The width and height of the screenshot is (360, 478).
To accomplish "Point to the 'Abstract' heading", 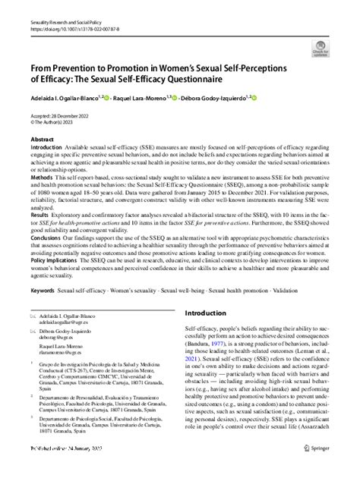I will pos(42,140).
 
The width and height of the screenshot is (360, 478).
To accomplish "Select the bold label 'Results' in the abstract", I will pos(40,215).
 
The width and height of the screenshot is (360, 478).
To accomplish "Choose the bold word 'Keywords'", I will pos(44,291).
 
